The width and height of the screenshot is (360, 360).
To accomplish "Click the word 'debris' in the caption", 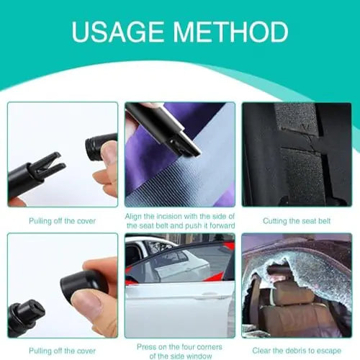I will point(294,350).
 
